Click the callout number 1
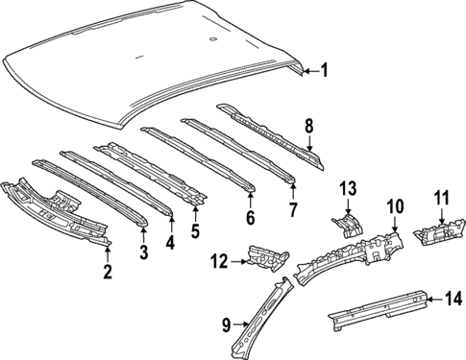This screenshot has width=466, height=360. click(x=324, y=69)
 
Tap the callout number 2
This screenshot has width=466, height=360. click(x=107, y=272)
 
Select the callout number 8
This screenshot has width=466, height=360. click(x=308, y=125)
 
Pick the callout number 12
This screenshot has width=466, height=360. click(x=218, y=258)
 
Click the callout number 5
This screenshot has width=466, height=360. click(x=196, y=230)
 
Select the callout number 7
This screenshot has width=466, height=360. click(x=294, y=207)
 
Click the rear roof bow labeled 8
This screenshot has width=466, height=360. click(x=269, y=128)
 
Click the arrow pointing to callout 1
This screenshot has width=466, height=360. click(x=307, y=70)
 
